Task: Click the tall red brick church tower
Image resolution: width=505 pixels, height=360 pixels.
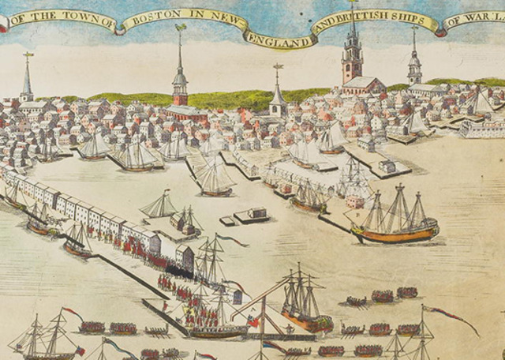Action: (352, 59)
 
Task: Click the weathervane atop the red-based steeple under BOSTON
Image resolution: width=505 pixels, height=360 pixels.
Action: (180, 28)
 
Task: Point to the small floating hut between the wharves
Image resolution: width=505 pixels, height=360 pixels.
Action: (251, 215)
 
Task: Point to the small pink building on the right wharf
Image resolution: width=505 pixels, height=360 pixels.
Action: (354, 201)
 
